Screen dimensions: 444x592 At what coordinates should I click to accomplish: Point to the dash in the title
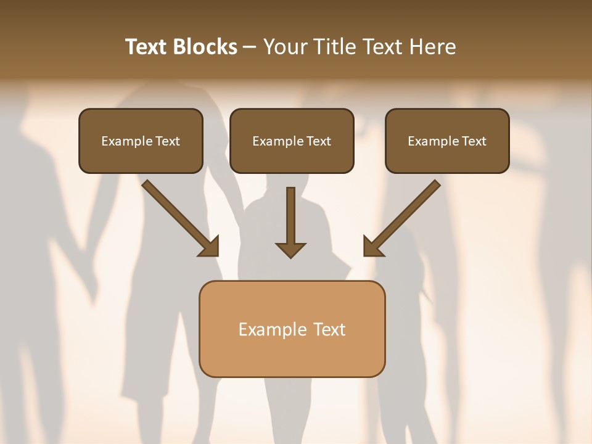250,47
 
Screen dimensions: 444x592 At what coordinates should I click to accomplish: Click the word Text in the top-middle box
319,141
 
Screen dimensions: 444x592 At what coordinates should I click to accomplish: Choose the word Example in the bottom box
273,329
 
